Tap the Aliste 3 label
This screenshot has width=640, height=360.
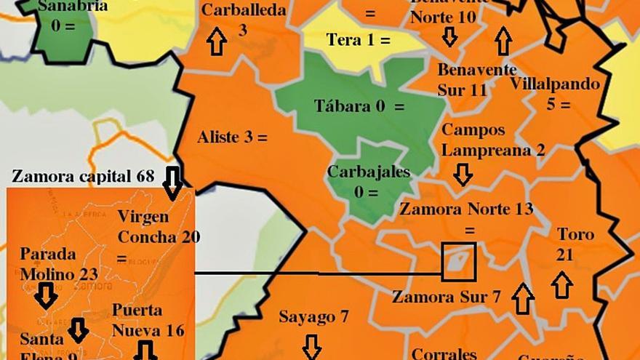(x=232, y=137)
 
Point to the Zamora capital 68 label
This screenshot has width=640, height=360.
(x=84, y=177)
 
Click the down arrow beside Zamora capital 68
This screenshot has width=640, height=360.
(x=173, y=182)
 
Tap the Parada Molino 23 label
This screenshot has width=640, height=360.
(x=58, y=264)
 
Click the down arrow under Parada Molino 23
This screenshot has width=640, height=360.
(x=47, y=295)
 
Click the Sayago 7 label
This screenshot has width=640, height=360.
(x=313, y=317)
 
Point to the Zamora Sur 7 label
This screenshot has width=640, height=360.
(x=446, y=297)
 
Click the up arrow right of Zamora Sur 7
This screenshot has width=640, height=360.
(x=522, y=298)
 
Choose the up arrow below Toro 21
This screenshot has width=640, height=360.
(x=561, y=284)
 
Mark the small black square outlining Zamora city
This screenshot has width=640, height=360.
(x=459, y=262)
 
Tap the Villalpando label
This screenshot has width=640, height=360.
(x=555, y=84)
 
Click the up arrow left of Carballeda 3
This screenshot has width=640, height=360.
(x=216, y=41)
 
